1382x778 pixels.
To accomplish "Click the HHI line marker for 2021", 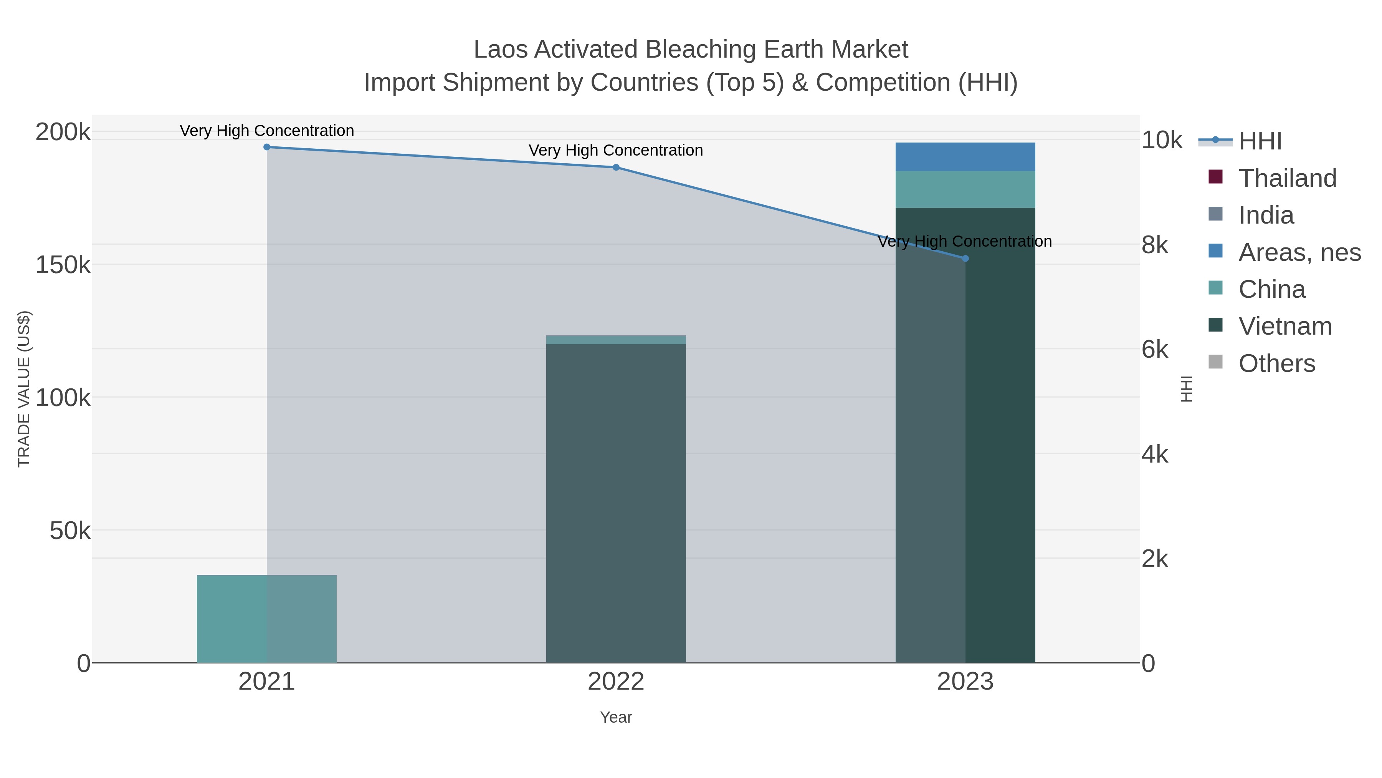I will [x=267, y=147].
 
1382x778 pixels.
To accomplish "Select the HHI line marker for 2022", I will [x=616, y=168].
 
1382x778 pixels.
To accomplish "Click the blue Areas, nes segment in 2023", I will [x=965, y=157].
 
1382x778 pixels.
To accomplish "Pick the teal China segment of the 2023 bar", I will [x=965, y=189].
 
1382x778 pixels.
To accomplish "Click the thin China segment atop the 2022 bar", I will [x=616, y=340].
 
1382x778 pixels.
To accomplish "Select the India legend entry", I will [x=1266, y=215].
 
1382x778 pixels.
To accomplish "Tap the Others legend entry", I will [x=1276, y=363].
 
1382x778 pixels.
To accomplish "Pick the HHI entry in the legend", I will [x=1260, y=141].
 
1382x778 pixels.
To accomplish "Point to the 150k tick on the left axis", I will [x=63, y=265].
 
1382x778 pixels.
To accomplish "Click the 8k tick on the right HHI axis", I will [x=1154, y=246].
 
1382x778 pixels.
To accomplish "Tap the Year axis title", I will [x=616, y=717].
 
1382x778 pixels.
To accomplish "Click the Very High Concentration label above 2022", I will [x=616, y=150].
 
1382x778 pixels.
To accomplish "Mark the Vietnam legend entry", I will [x=1285, y=327].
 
